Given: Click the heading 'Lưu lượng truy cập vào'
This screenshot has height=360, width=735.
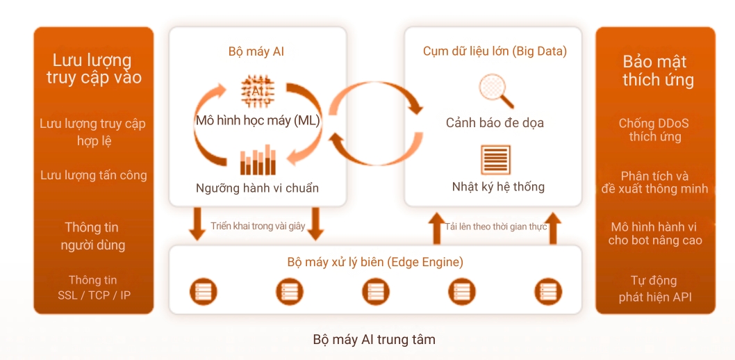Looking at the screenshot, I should tap(94, 69).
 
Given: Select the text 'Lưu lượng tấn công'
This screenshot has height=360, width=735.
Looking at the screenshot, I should tap(94, 175).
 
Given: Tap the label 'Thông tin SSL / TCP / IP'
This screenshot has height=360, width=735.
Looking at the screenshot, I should tap(93, 288).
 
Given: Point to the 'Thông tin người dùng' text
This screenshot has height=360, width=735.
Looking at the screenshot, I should tap(92, 236).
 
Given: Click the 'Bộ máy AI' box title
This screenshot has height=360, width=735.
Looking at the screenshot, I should tap(256, 51).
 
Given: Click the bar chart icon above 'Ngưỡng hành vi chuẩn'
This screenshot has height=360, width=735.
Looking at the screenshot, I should tap(257, 161).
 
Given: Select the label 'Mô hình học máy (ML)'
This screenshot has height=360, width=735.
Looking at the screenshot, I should tap(257, 121).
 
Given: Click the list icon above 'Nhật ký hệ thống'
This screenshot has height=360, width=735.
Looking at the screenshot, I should tap(495, 160).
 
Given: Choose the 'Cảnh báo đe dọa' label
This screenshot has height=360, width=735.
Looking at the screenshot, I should tap(495, 123).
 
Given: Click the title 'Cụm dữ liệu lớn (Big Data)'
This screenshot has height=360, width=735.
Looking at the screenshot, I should tap(495, 51).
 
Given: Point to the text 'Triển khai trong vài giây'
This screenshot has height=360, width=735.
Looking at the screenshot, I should tap(258, 227).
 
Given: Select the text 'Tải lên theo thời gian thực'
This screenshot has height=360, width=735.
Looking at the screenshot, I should tap(496, 227).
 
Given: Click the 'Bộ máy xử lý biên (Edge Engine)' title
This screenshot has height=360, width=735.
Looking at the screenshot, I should tap(375, 263).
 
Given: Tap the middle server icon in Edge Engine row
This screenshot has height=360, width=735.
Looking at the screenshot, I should tap(376, 291).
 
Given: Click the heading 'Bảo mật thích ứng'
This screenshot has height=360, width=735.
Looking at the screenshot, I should tap(657, 71).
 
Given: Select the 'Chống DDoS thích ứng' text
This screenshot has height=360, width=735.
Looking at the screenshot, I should tap(654, 130).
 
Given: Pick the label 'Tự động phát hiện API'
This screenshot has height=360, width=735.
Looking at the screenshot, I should tap(654, 289).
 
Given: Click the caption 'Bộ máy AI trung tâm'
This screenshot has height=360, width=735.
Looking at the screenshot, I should tap(374, 340).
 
